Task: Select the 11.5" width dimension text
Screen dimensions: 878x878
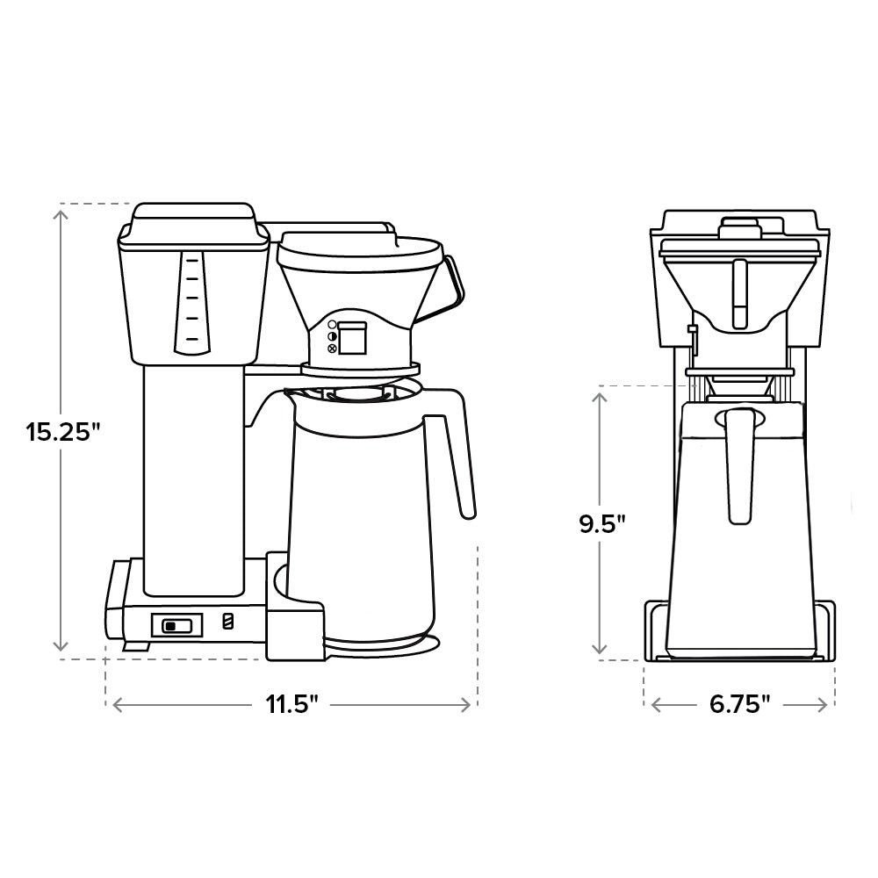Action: coord(291,704)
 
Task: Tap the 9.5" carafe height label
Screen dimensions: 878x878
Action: coord(602,524)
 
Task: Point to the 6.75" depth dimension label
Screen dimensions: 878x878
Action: coord(739,704)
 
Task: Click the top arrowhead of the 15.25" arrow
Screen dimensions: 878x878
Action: coord(61,209)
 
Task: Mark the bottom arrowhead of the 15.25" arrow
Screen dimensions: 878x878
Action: coord(61,651)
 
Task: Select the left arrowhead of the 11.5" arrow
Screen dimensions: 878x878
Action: coord(112,704)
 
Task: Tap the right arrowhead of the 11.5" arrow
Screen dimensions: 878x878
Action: coord(471,704)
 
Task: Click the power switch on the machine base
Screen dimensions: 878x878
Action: coord(176,625)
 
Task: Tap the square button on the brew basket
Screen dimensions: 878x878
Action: coord(353,338)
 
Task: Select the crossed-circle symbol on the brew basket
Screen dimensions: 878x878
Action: coord(332,349)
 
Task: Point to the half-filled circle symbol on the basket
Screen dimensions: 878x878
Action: coord(332,336)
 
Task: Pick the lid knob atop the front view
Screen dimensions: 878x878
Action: coord(738,227)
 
